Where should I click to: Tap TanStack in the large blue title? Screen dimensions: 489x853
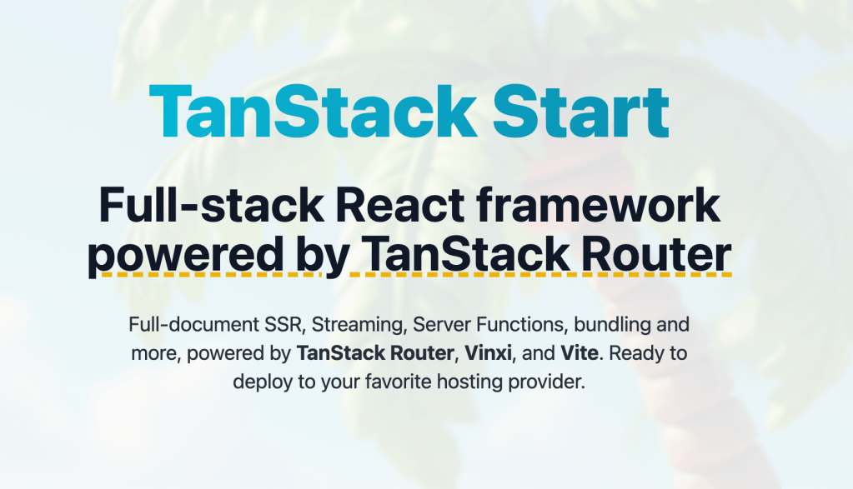(311, 112)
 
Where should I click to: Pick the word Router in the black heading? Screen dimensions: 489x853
(654, 256)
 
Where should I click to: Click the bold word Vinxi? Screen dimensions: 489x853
(488, 353)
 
